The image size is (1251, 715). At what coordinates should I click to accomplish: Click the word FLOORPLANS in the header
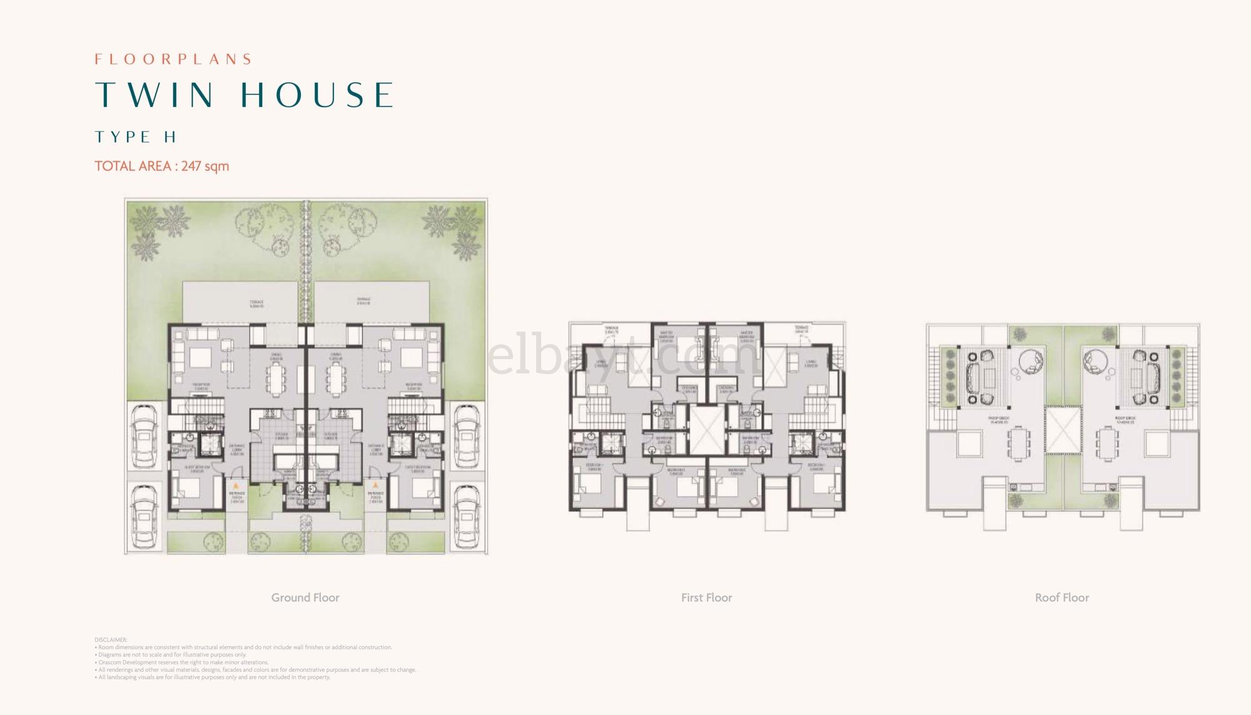(173, 59)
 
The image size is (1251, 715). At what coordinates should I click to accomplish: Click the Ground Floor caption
(305, 597)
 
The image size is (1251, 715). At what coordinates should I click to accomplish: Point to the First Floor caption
(706, 597)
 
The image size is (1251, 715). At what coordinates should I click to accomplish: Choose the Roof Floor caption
(1061, 597)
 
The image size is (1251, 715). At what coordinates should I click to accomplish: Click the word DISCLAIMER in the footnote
(111, 640)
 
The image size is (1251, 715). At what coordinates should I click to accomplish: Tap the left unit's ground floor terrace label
(256, 303)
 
